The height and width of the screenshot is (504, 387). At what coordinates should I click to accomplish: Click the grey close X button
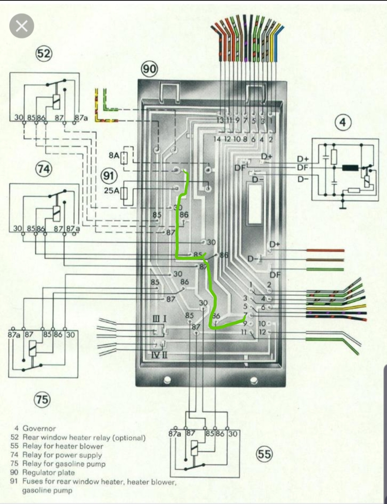(22, 26)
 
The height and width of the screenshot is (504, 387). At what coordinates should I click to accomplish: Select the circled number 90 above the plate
(149, 68)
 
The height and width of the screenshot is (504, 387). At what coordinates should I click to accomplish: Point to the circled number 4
(343, 123)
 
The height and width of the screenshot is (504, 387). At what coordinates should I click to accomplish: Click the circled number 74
(44, 168)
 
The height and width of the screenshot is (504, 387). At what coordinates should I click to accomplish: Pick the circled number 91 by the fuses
(108, 176)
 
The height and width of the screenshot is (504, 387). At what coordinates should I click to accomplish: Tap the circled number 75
(42, 399)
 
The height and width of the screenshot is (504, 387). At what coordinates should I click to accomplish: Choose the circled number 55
(264, 454)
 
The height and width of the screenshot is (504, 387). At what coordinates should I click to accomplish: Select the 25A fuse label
(111, 191)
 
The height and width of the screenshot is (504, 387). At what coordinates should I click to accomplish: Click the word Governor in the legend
(39, 428)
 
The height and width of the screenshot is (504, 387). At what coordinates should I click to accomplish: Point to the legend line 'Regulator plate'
(48, 472)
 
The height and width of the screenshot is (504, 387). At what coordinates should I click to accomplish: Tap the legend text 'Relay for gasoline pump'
(64, 464)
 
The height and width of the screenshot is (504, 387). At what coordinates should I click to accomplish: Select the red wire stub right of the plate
(325, 251)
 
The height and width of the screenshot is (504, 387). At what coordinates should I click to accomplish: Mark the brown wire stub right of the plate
(325, 260)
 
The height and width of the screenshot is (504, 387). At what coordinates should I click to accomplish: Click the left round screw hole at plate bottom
(166, 380)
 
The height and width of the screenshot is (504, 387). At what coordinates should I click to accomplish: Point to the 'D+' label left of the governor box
(303, 158)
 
